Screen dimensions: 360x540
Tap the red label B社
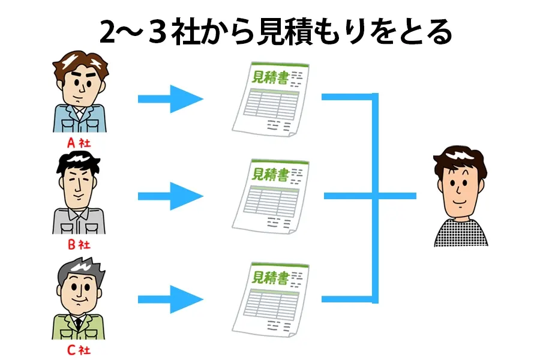(78, 245)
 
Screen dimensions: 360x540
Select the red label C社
(78, 349)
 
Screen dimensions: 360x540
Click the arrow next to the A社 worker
(170, 98)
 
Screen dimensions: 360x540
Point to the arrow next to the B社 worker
(170, 196)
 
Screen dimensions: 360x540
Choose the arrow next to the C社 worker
(170, 298)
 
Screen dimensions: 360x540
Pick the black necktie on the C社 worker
(79, 324)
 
